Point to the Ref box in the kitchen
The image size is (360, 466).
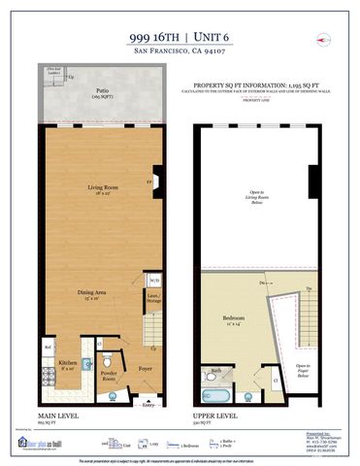(x=47, y=347)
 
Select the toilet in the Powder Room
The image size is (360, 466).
(x=108, y=363)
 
